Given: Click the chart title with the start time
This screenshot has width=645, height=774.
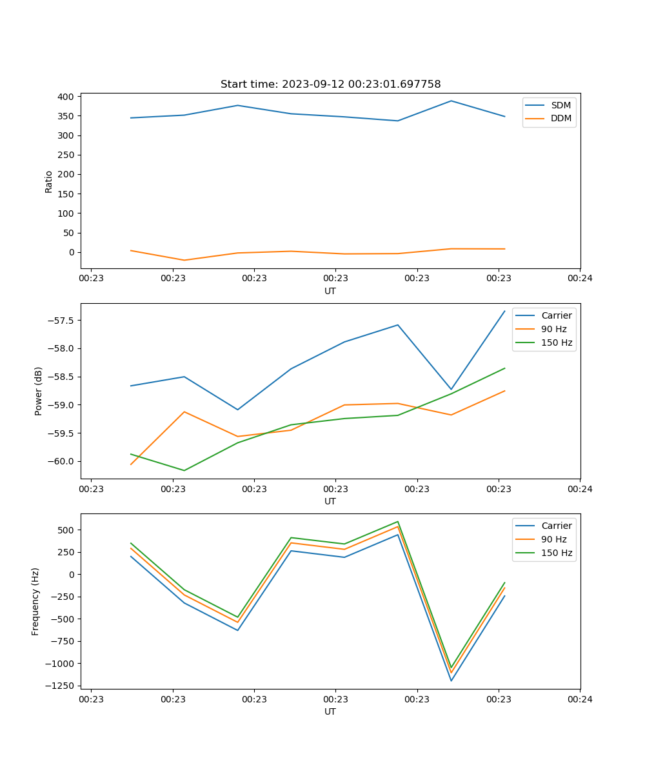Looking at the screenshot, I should point(330,84).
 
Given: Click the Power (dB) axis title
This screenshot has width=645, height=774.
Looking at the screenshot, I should point(39,391).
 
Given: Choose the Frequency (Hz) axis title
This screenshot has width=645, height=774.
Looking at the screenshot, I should point(35,601).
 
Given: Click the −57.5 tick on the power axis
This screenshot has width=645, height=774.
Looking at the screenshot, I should point(62,321).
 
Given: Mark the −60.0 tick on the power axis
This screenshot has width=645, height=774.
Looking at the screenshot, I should point(62,461).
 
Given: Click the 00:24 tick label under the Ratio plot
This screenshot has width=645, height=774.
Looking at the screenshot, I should point(580,279).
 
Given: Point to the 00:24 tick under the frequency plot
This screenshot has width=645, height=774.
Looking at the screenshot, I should point(580,699).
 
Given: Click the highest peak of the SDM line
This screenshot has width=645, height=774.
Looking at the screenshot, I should point(451,101).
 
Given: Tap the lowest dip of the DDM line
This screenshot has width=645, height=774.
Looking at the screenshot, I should point(184,261).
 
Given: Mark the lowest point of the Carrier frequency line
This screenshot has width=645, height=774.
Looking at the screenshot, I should point(451,680).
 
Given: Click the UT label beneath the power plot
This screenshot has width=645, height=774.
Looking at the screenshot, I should point(330,501).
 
